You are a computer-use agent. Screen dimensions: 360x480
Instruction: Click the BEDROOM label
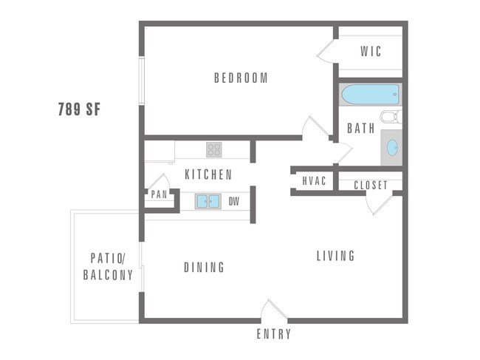[x=241, y=78]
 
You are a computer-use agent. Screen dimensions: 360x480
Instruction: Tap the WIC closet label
[x=371, y=52]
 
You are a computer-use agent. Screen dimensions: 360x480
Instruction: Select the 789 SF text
[x=79, y=110]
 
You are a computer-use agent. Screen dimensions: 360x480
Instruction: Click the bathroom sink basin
[x=391, y=146]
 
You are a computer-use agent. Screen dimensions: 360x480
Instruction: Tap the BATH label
[x=361, y=128]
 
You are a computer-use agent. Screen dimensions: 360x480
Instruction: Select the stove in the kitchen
[x=214, y=150]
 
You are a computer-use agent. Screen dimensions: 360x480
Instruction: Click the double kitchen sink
[x=209, y=201]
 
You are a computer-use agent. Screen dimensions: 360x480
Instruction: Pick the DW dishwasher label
[x=234, y=201]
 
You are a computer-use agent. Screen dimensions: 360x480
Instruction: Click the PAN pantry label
[x=160, y=195]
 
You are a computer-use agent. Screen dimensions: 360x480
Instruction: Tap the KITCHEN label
[x=208, y=175]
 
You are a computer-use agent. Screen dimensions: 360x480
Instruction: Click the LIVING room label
[x=336, y=256]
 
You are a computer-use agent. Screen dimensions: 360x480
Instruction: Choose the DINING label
[x=205, y=268]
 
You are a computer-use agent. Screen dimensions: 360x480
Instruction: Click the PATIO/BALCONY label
[x=112, y=267]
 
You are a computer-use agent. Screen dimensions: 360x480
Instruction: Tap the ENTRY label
[x=274, y=334]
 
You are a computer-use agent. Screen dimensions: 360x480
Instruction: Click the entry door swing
[x=274, y=310]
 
